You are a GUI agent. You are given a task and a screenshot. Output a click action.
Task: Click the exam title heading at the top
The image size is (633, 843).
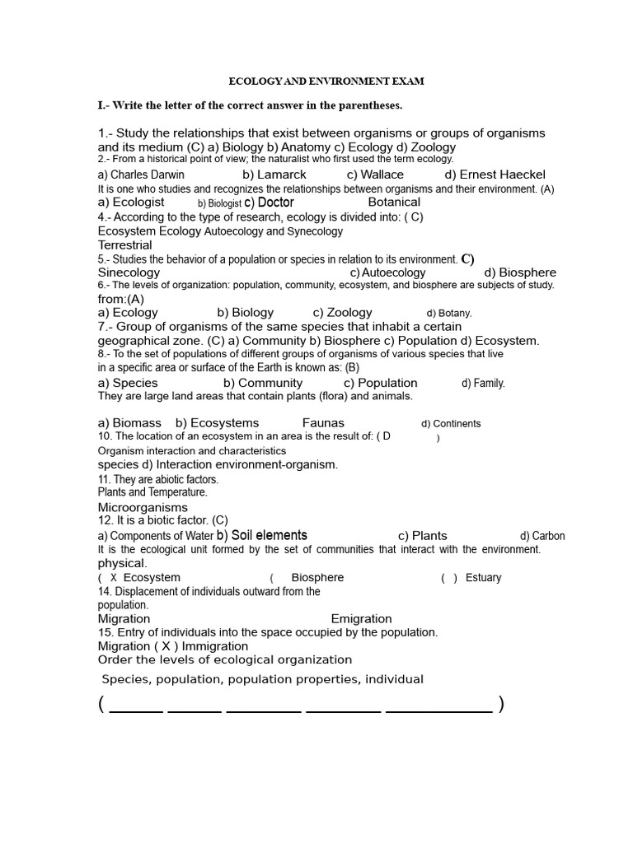pos(326,82)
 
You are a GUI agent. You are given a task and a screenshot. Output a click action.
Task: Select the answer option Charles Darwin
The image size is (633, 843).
pos(141,175)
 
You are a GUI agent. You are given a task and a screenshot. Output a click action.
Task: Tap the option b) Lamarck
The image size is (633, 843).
pos(274,175)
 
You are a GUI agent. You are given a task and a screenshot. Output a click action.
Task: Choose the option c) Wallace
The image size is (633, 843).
pos(375,175)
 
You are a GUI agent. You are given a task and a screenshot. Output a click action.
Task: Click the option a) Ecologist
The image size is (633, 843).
pos(131,202)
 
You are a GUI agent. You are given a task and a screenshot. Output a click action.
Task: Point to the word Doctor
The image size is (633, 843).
pos(275,203)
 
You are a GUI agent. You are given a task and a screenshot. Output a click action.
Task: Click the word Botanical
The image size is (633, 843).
pos(394,202)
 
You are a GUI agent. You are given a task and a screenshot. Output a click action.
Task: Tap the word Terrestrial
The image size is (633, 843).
pos(125,245)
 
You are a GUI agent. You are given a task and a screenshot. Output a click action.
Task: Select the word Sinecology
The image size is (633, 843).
pos(129,272)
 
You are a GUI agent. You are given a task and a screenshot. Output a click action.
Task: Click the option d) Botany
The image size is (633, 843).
pos(449,314)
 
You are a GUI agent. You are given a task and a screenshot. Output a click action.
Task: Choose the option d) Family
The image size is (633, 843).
pos(483,384)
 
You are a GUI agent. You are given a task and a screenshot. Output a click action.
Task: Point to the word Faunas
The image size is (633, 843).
pos(323,423)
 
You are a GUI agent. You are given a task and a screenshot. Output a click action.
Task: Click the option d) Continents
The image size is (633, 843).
pos(451,424)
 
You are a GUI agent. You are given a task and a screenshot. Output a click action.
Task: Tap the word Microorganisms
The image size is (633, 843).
pos(143,508)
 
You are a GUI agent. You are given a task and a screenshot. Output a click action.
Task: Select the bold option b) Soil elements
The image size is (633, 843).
pos(262,535)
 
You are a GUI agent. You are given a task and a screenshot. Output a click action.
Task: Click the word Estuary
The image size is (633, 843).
pos(483,578)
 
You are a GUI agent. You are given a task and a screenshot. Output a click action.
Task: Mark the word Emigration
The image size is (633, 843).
pos(361,619)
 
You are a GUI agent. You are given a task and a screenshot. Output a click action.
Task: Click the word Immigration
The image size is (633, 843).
pos(215,646)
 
